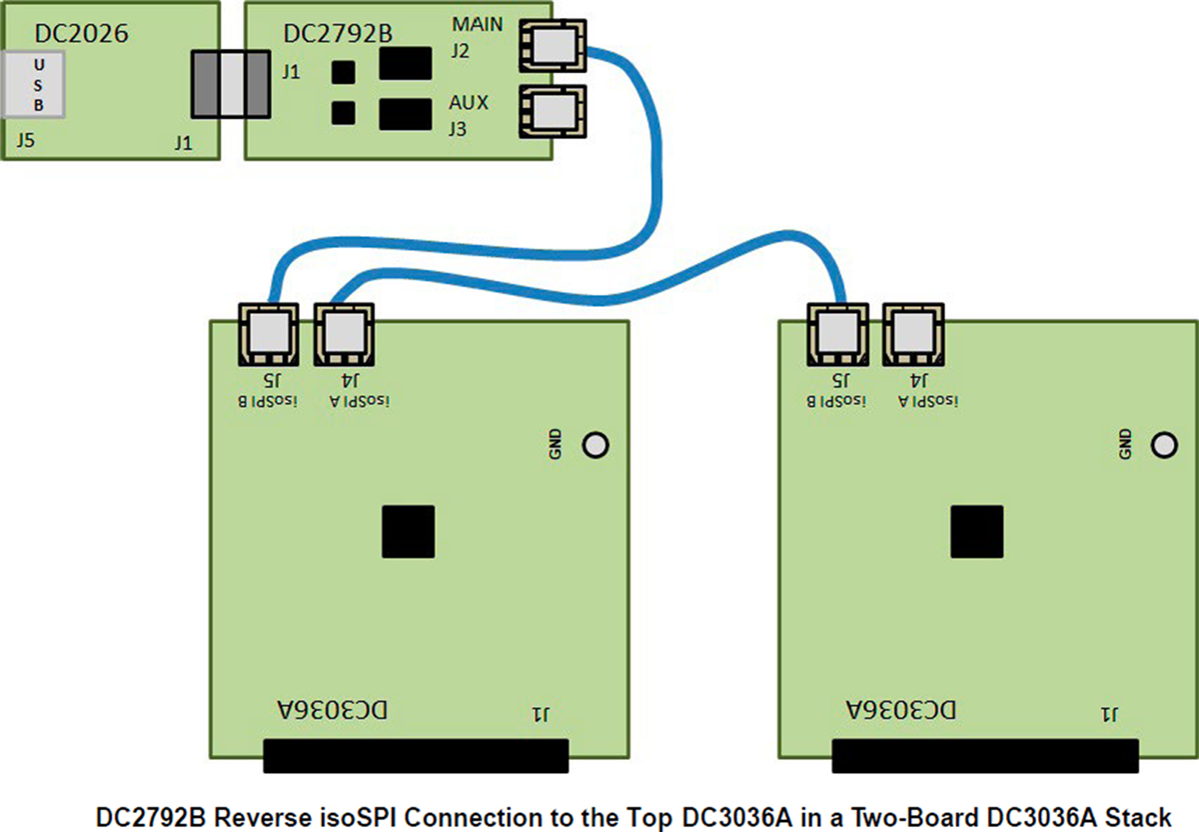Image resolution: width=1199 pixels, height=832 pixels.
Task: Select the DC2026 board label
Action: pos(81,34)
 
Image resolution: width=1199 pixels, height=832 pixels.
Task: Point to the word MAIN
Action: pos(478,23)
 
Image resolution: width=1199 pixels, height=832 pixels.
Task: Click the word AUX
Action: pos(468,103)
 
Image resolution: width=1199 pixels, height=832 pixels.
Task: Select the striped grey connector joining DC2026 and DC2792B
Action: pos(231,84)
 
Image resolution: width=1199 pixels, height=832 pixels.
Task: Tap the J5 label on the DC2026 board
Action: pos(25,142)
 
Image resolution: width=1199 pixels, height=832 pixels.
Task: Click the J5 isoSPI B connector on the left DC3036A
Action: pos(268,334)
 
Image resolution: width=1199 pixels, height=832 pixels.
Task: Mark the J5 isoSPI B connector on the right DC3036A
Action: pos(837,334)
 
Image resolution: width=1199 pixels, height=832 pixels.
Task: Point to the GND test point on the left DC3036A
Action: pos(596,444)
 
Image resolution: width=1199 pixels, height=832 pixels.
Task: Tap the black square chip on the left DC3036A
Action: pos(408,531)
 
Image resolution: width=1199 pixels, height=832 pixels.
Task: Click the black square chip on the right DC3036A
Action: pos(976,531)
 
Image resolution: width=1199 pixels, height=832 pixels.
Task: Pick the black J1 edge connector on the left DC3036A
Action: pos(416,756)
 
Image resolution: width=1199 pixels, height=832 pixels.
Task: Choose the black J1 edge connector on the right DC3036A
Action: pos(985,756)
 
